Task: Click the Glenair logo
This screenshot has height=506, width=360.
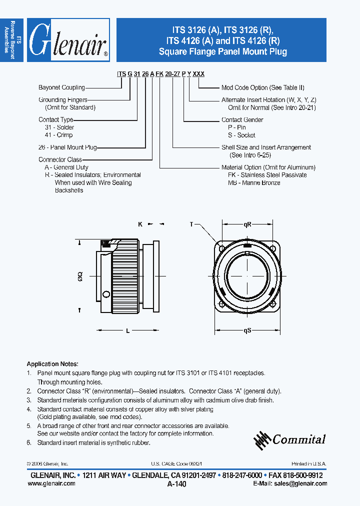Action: point(68,40)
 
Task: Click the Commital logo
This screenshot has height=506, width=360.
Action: point(290,439)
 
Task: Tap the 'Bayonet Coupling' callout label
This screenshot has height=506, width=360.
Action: point(61,87)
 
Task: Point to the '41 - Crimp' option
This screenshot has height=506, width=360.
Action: point(58,135)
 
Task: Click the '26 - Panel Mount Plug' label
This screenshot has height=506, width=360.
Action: point(67,147)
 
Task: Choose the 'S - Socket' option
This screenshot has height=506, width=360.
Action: point(241,135)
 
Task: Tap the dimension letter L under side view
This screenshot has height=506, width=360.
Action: point(128,330)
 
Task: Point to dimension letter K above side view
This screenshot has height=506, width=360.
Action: point(140,224)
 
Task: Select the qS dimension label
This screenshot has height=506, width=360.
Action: point(247,330)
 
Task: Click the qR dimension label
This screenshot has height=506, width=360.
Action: point(247,225)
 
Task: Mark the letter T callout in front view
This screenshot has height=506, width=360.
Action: point(191,224)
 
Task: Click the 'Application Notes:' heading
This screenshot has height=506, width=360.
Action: point(52,364)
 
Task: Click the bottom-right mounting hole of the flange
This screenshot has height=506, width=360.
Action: point(272,304)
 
